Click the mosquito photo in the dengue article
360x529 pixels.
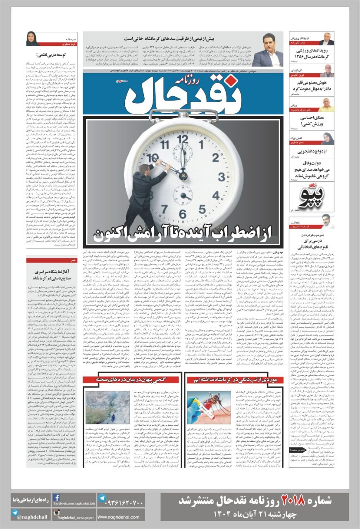point(203,407)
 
